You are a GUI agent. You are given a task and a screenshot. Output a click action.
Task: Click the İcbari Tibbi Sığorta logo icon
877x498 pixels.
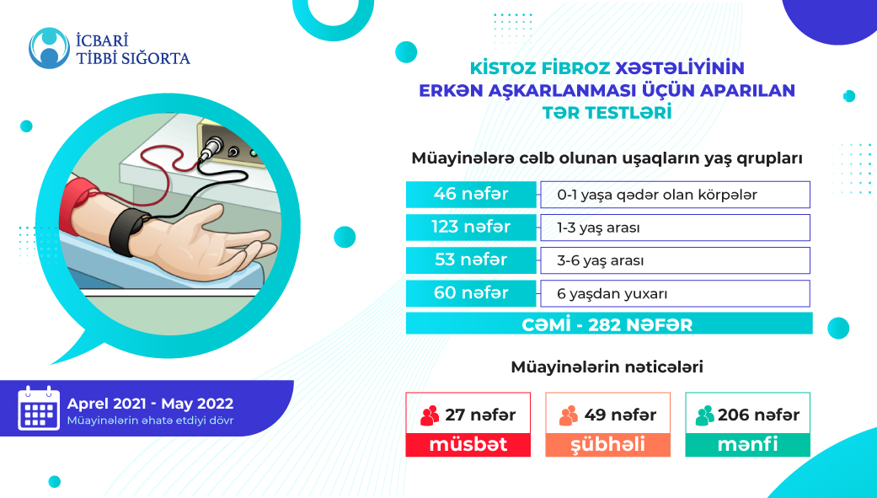pyautogui.click(x=48, y=48)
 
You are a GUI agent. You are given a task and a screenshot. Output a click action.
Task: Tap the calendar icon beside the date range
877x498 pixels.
pyautogui.click(x=39, y=409)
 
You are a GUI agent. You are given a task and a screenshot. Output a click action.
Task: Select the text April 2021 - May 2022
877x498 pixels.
pyautogui.click(x=151, y=404)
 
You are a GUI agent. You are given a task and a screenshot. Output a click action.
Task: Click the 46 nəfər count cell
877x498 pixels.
pyautogui.click(x=471, y=195)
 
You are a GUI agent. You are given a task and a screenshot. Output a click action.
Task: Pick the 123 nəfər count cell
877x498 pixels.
pyautogui.click(x=471, y=228)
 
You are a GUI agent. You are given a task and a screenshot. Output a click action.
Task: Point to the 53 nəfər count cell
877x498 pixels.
pyautogui.click(x=471, y=260)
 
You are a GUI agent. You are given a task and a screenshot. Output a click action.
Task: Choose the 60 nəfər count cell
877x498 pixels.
pyautogui.click(x=471, y=293)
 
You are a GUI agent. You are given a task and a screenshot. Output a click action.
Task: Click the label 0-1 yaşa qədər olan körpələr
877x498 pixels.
pyautogui.click(x=657, y=195)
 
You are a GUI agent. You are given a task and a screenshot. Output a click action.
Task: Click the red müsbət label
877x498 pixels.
pyautogui.click(x=468, y=444)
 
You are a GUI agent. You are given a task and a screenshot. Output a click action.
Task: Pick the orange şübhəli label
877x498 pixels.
pyautogui.click(x=607, y=444)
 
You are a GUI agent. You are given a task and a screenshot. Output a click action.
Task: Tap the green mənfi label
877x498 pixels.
pyautogui.click(x=747, y=444)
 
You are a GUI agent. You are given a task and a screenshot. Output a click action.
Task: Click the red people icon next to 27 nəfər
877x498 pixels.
pyautogui.click(x=430, y=415)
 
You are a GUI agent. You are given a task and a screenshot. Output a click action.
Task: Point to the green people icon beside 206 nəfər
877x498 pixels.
pyautogui.click(x=704, y=415)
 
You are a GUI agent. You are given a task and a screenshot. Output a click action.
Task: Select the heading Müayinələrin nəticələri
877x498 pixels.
pyautogui.click(x=607, y=367)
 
